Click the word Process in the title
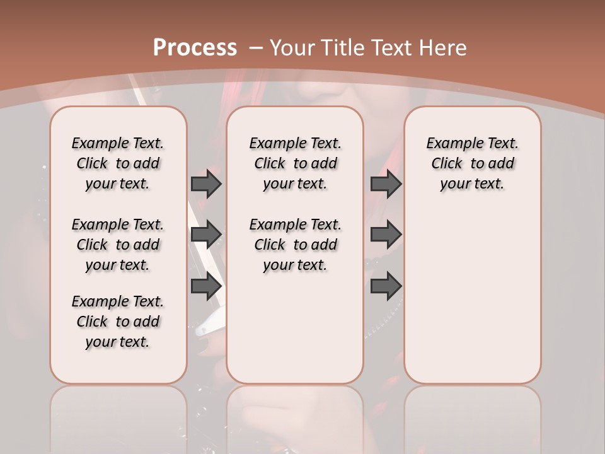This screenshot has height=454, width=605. click(x=195, y=47)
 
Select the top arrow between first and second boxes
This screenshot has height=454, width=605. click(x=206, y=183)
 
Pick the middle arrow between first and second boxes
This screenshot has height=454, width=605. click(x=206, y=235)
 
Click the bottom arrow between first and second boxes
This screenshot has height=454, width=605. click(x=206, y=286)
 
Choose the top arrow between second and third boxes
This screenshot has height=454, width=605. click(x=386, y=183)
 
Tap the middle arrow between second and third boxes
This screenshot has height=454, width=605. click(x=386, y=235)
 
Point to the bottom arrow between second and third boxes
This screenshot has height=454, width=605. click(x=386, y=286)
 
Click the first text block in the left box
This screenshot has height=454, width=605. click(x=118, y=163)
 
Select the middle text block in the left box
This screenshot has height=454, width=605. click(x=118, y=245)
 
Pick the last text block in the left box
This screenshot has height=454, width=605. click(x=118, y=322)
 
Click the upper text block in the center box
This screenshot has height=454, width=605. click(x=295, y=163)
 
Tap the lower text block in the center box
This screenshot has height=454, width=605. click(x=295, y=245)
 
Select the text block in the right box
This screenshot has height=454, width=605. click(x=473, y=163)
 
